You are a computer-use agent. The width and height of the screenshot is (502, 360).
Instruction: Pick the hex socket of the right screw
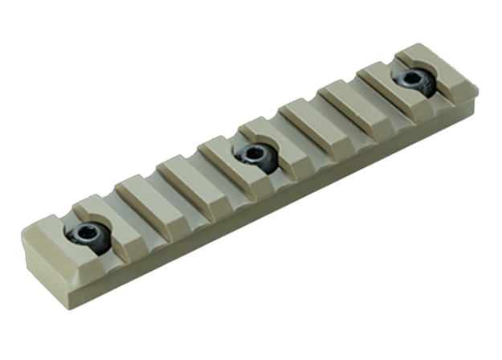tap(413, 79)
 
